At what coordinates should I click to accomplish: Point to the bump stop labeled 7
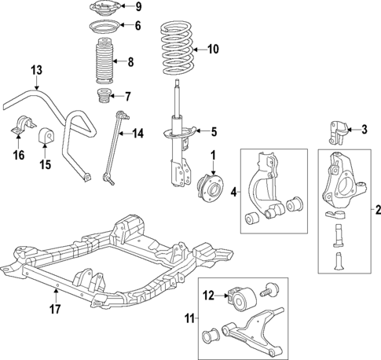104,99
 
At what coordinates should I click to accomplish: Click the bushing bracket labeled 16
21,129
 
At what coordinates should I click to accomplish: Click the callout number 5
212,131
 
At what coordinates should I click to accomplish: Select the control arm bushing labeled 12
240,299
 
